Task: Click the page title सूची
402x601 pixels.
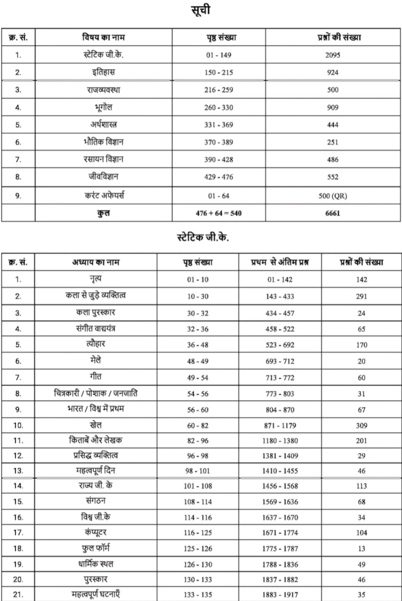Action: pyautogui.click(x=201, y=10)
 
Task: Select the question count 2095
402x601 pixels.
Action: pyautogui.click(x=332, y=55)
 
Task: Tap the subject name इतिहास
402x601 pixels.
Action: pyautogui.click(x=104, y=72)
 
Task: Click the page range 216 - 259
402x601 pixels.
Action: pyautogui.click(x=218, y=90)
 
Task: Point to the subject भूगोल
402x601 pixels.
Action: pyautogui.click(x=104, y=107)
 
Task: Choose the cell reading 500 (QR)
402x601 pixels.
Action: pyautogui.click(x=332, y=196)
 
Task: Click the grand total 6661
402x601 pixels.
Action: pyautogui.click(x=332, y=213)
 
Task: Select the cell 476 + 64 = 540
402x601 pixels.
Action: pyautogui.click(x=218, y=213)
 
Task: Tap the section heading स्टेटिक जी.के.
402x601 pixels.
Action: pyautogui.click(x=203, y=237)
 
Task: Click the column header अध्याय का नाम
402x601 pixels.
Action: pyautogui.click(x=96, y=262)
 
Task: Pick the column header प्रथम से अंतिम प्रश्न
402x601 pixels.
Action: pyautogui.click(x=280, y=262)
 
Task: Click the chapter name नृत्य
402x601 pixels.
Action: pyautogui.click(x=96, y=279)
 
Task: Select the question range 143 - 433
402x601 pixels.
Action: pyautogui.click(x=280, y=296)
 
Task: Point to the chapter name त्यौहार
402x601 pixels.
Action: pyautogui.click(x=96, y=344)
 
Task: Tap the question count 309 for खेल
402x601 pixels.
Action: pyautogui.click(x=361, y=425)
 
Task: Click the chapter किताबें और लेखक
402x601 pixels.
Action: pyautogui.click(x=96, y=440)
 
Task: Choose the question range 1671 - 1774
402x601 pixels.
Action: pyautogui.click(x=280, y=533)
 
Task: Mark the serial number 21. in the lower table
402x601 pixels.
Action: pyautogui.click(x=18, y=595)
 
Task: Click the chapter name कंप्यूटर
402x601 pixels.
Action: pyautogui.click(x=96, y=532)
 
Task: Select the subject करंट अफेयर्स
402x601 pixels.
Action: pyautogui.click(x=104, y=195)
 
